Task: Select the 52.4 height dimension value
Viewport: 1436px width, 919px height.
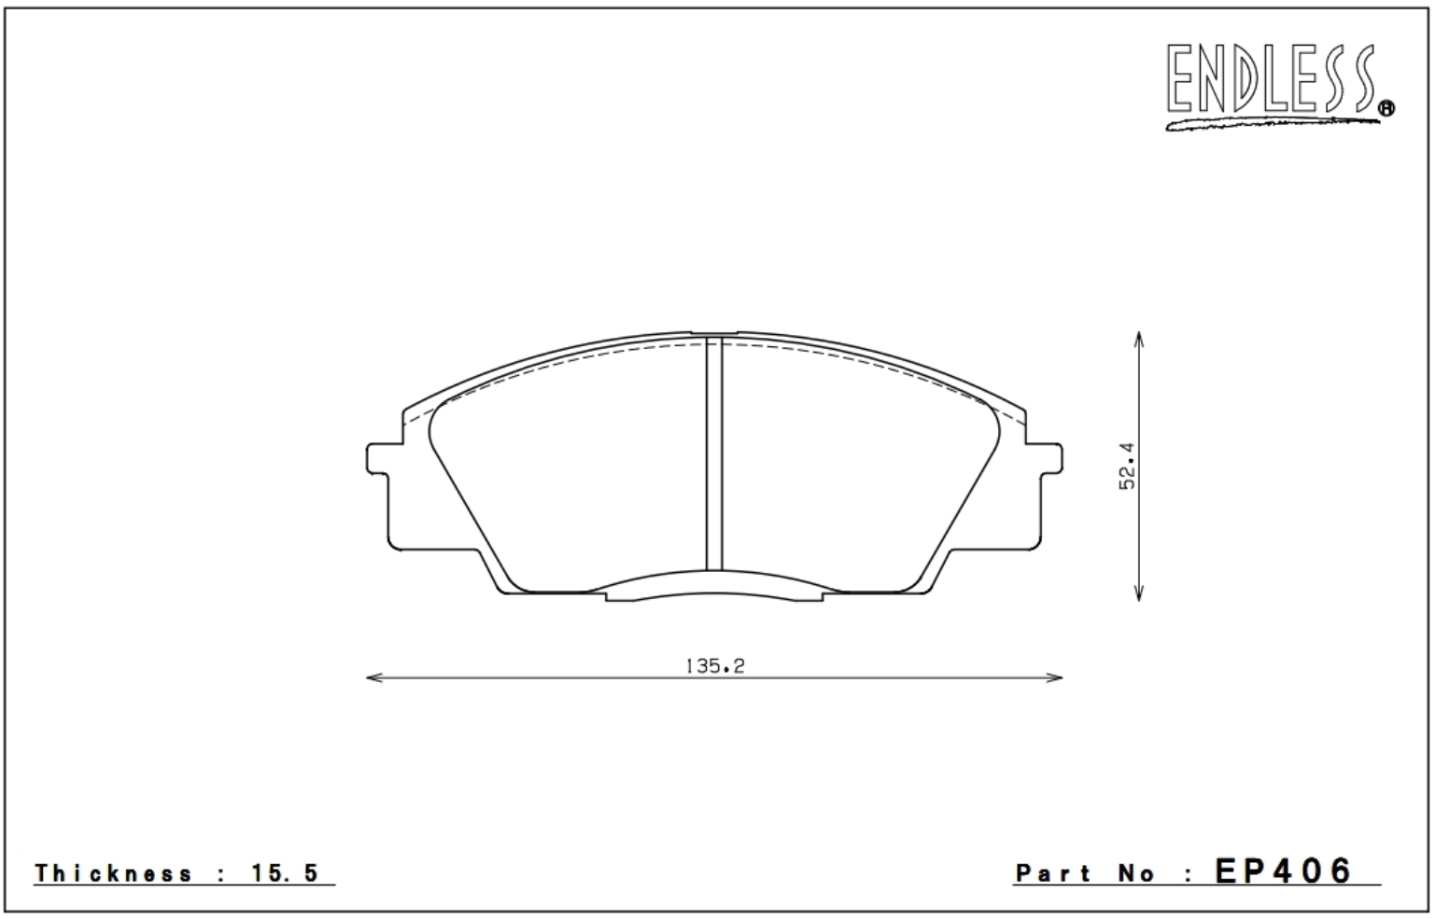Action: pos(1126,466)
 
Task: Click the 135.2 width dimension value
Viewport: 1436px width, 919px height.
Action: pos(715,667)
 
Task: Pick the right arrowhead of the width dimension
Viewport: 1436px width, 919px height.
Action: pos(1054,677)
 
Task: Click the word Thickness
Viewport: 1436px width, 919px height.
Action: pos(114,873)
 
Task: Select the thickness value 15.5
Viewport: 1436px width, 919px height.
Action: pos(285,873)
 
